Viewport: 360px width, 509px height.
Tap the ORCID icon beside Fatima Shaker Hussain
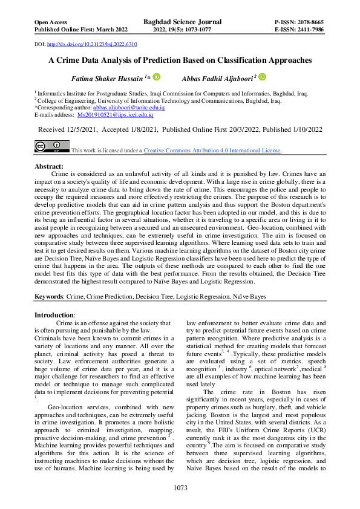tap(156, 77)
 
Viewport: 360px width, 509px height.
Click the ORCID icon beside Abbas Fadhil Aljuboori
tap(263, 77)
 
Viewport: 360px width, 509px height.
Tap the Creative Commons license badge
tap(51, 147)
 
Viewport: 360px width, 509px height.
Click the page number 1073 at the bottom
tap(180, 488)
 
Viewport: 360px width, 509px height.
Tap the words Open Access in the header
tap(50, 21)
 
